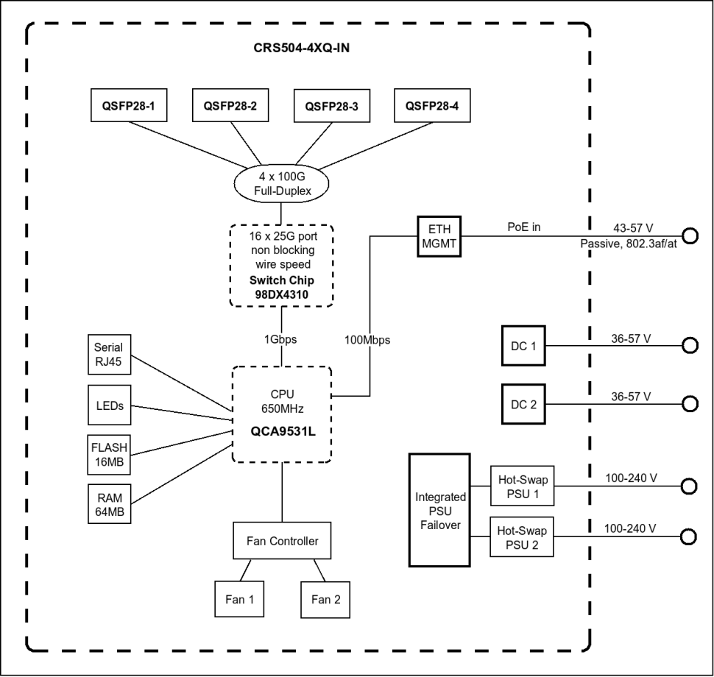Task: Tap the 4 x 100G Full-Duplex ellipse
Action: [282, 184]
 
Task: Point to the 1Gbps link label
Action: [282, 341]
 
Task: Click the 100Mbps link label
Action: [367, 341]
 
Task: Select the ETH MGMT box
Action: [439, 235]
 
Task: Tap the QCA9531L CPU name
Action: [282, 431]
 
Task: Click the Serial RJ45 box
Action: [110, 355]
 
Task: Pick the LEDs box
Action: [110, 405]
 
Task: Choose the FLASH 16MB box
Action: [110, 455]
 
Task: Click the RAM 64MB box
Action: [110, 504]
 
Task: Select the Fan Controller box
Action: [282, 542]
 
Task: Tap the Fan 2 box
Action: [325, 599]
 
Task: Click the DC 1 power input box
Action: [523, 345]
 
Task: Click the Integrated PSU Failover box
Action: [439, 509]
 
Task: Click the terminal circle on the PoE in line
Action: [690, 235]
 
